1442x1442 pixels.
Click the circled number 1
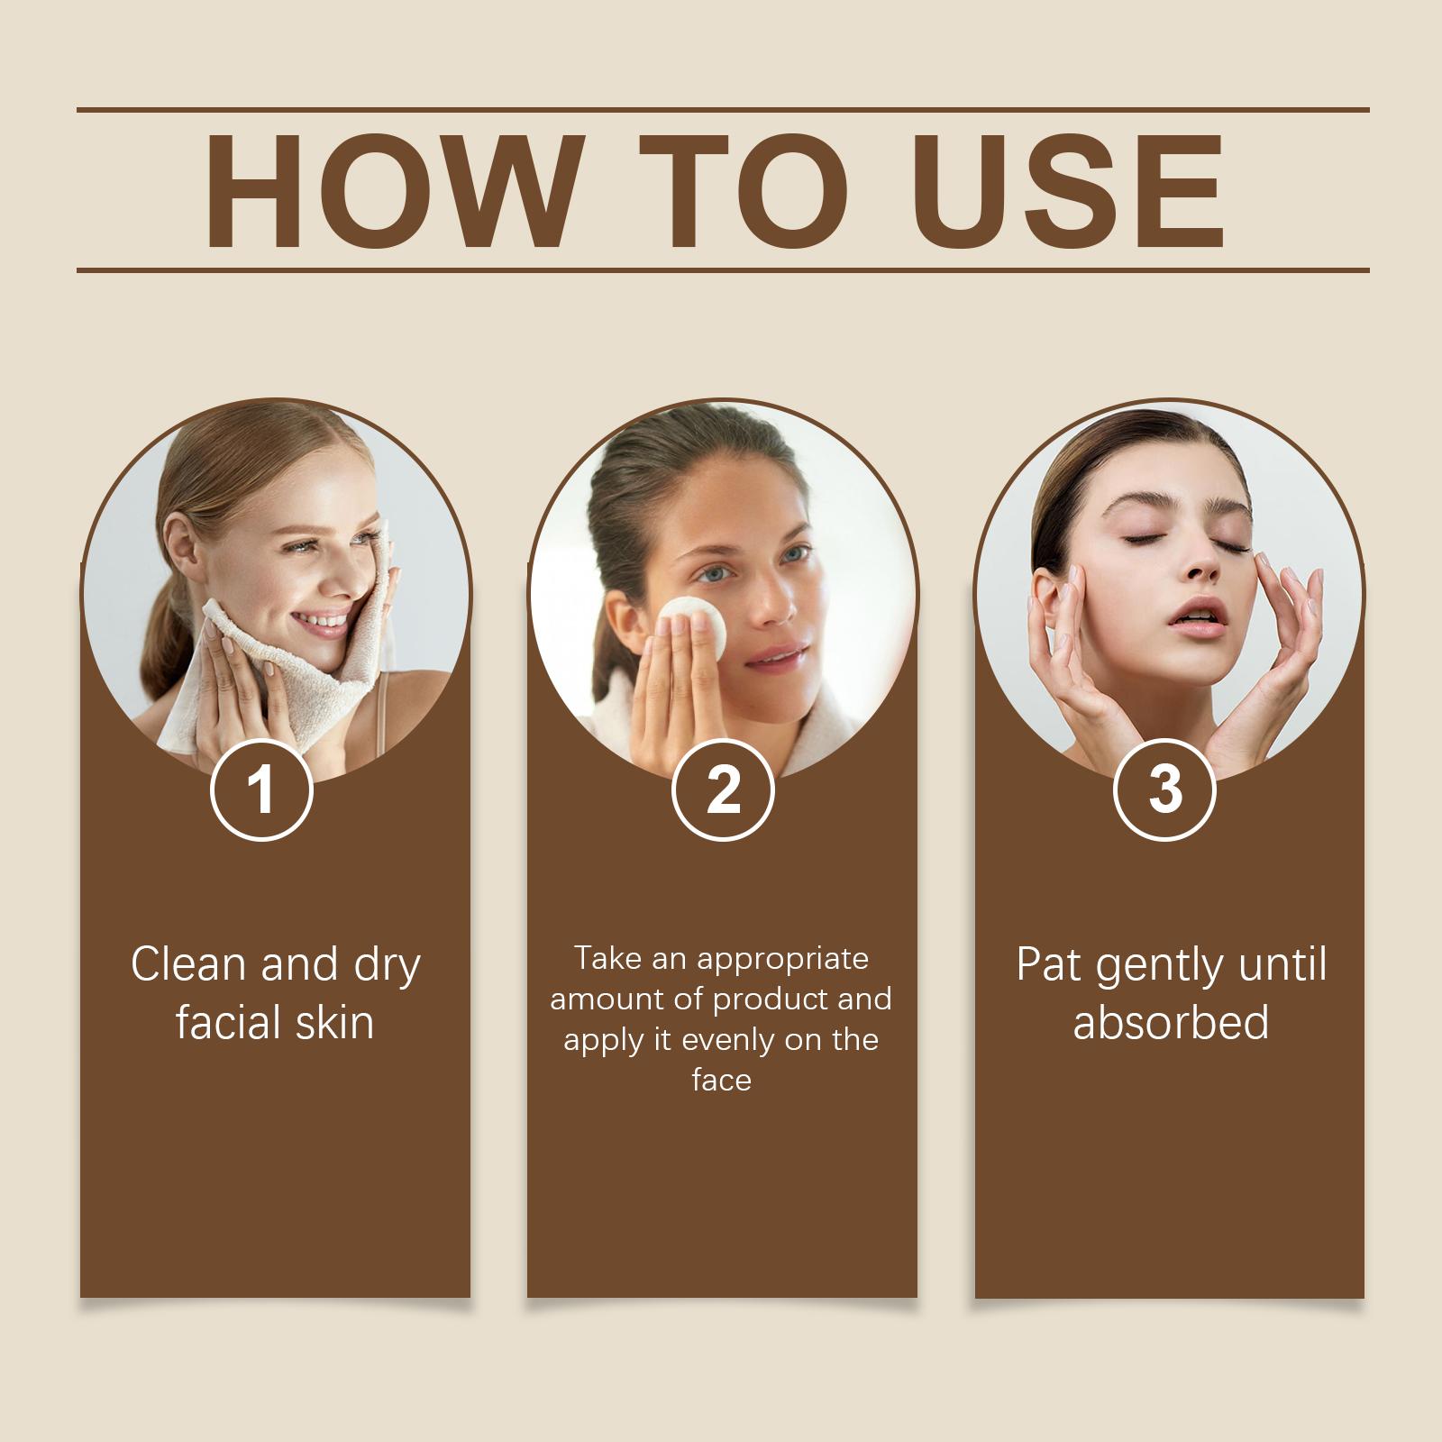point(261,789)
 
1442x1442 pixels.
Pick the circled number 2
point(723,789)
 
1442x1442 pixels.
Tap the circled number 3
point(1165,789)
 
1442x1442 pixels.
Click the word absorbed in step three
point(1171,1023)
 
